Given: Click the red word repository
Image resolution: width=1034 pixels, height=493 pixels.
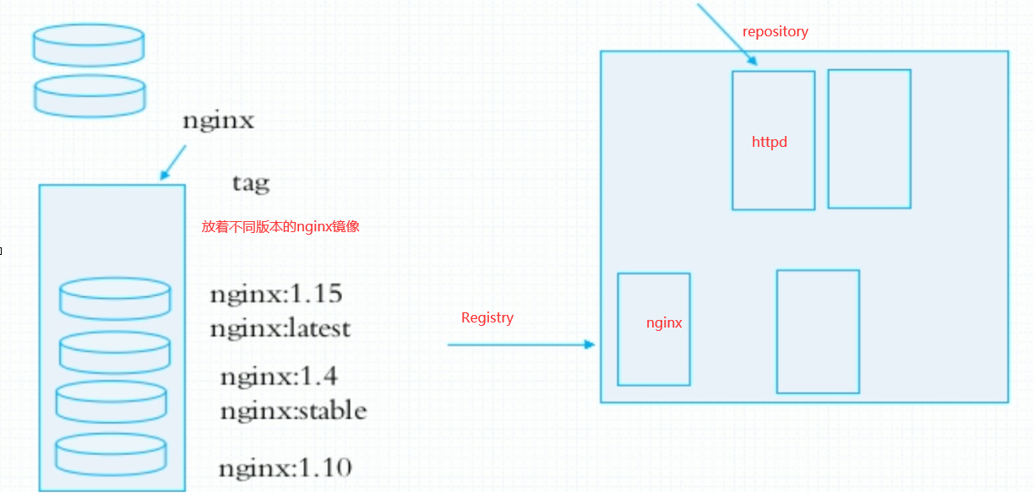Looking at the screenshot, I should click(x=775, y=32).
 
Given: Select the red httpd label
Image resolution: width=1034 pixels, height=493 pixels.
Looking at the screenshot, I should click(x=769, y=142).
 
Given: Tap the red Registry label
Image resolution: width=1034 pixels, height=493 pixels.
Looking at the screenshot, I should click(x=487, y=317).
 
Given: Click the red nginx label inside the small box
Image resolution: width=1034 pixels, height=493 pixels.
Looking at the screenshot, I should click(x=664, y=322).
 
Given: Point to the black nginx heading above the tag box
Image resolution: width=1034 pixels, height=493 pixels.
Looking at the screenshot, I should click(x=218, y=121).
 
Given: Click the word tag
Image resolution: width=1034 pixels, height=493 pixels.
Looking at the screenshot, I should click(x=250, y=182).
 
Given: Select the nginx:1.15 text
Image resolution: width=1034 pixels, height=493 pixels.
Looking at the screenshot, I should click(x=276, y=295).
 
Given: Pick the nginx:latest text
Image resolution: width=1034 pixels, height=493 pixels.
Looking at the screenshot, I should click(x=280, y=328).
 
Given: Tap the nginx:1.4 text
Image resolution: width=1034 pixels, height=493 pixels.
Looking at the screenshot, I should click(x=279, y=377).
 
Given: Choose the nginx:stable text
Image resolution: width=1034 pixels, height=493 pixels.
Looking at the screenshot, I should click(x=293, y=411).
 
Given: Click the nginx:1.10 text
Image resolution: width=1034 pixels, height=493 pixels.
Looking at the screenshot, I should click(x=285, y=467).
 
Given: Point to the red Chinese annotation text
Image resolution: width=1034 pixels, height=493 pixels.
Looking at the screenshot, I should click(x=280, y=227).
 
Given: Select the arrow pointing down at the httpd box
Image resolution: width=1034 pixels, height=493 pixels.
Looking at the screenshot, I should click(x=727, y=34).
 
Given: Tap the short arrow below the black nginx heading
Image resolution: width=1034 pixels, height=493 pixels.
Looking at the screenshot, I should click(x=173, y=161).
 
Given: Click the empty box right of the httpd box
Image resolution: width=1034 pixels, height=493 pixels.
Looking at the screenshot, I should click(x=868, y=138).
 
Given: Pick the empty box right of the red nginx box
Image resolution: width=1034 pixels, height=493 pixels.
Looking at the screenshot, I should click(x=817, y=331).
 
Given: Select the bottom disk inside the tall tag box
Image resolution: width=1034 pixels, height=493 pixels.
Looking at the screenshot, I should click(x=111, y=454).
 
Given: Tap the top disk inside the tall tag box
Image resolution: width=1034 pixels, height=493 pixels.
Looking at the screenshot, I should click(x=115, y=298).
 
